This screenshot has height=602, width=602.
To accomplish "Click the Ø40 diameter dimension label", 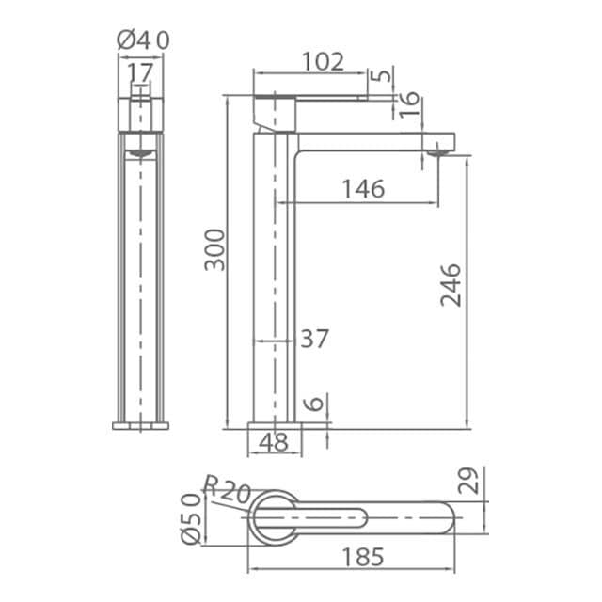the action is click(x=143, y=40).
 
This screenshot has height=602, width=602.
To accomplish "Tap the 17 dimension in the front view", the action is click(x=140, y=72).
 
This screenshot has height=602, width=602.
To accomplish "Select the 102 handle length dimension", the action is click(x=323, y=61).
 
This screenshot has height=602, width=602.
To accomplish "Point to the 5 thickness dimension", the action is click(x=383, y=74).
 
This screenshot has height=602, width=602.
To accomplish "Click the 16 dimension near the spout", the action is click(x=408, y=104).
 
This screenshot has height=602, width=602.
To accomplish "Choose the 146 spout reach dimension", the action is click(x=363, y=189).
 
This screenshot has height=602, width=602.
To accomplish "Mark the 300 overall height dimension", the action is click(x=214, y=250).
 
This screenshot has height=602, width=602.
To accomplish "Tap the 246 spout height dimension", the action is click(x=451, y=285).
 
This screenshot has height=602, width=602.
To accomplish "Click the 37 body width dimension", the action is click(x=314, y=339).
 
